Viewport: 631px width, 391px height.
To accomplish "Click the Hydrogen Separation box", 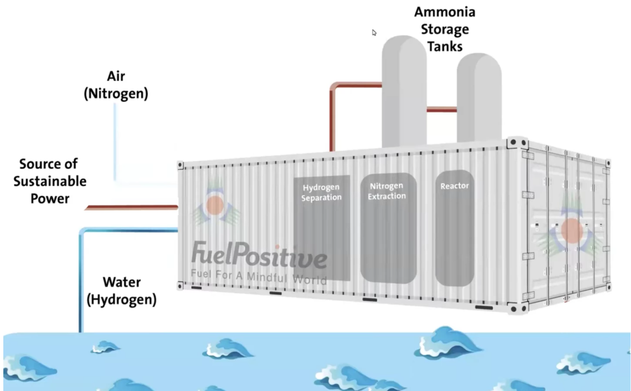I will click(322, 227).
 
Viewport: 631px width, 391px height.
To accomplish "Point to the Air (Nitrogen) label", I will click(116, 86).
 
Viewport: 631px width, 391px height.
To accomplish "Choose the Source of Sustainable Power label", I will click(50, 181).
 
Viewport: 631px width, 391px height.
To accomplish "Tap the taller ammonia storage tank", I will click(403, 90).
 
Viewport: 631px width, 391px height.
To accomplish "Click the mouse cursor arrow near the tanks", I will click(374, 33).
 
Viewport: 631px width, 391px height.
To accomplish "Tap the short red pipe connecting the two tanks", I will click(442, 110).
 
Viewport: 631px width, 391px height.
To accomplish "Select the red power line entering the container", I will click(132, 207).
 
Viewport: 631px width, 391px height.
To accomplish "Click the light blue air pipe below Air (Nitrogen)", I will click(115, 142).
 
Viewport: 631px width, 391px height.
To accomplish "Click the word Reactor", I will click(454, 186).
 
